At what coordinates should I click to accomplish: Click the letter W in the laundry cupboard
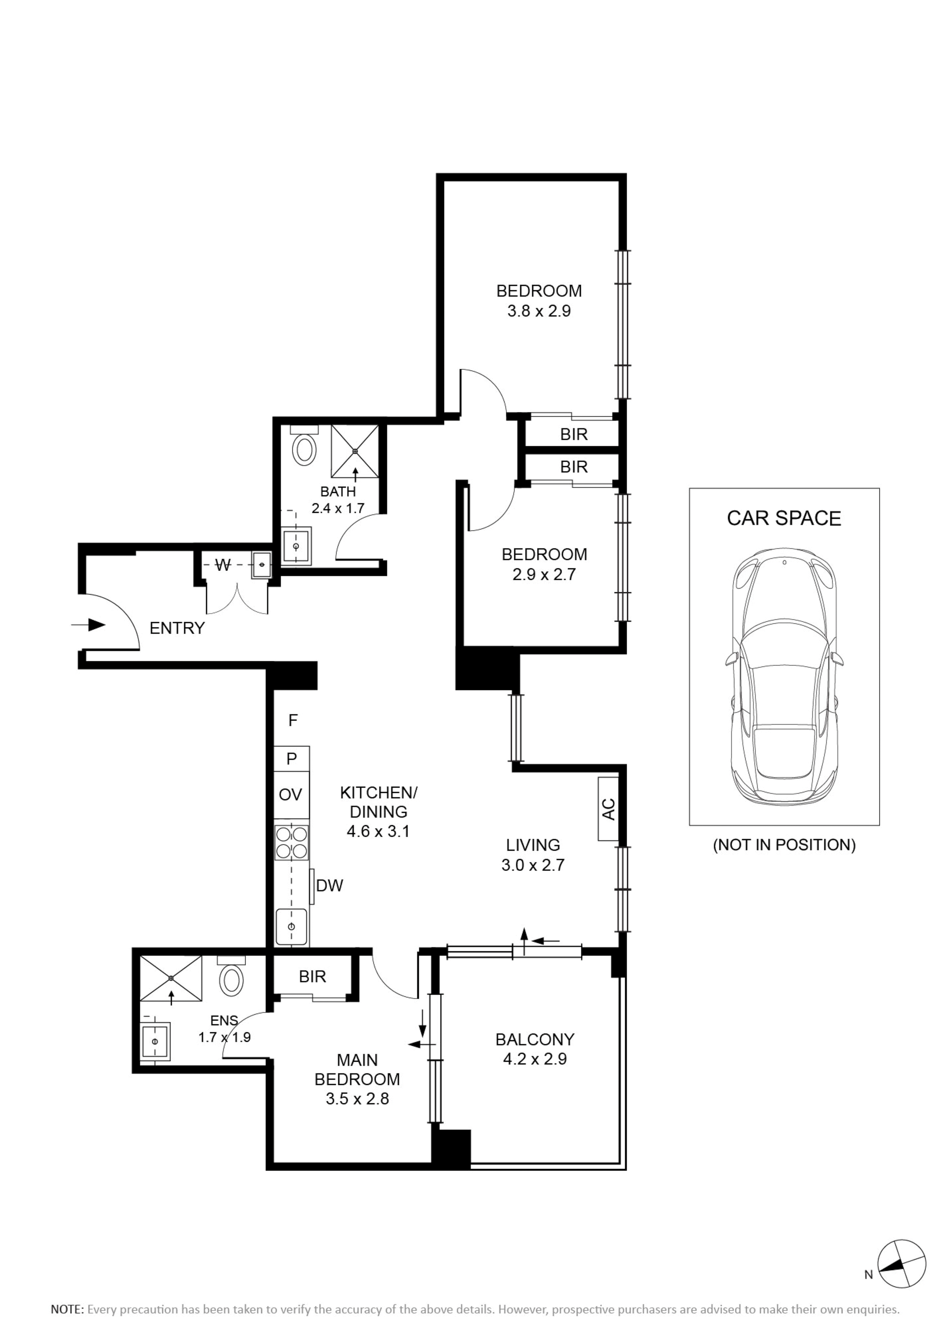tap(223, 566)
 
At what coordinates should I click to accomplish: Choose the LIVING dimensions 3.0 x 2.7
tap(533, 865)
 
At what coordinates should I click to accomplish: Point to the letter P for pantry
tap(292, 759)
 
